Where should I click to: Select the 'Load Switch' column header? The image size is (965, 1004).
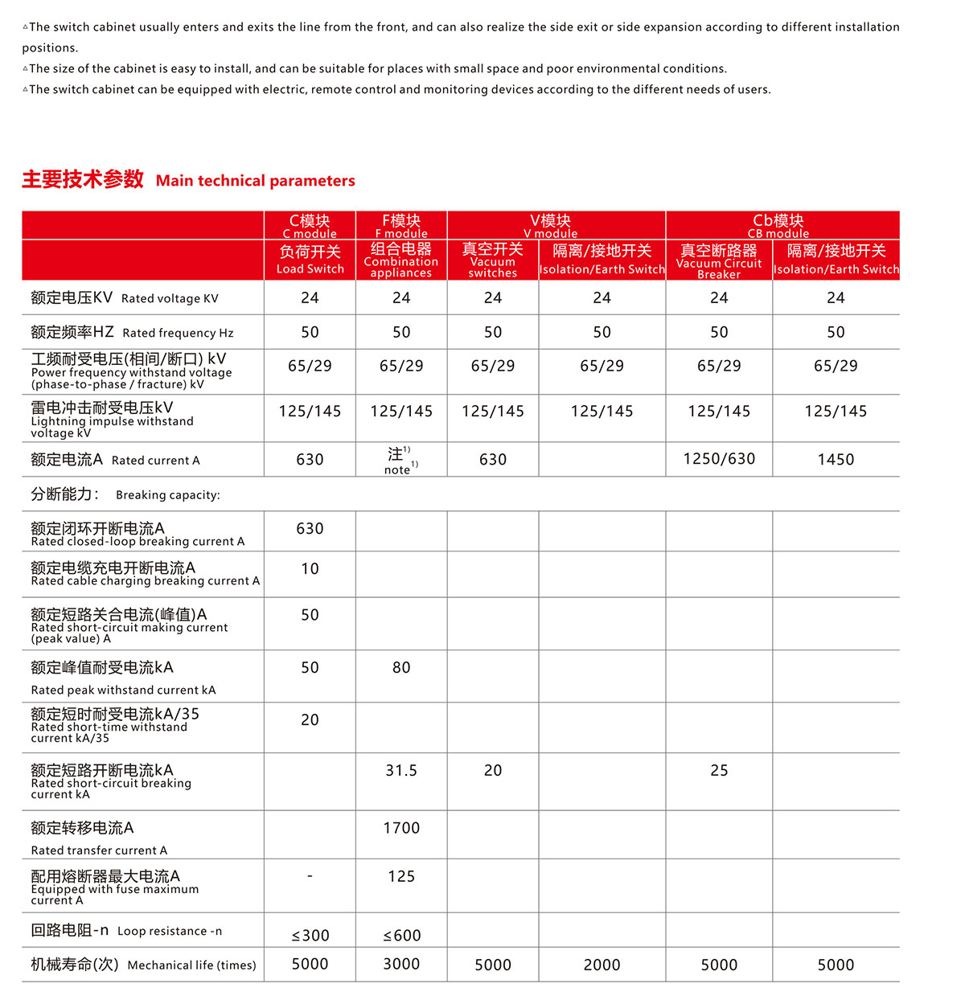[310, 260]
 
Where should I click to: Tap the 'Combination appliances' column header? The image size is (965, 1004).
[401, 260]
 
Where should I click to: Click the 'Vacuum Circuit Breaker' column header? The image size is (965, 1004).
[719, 260]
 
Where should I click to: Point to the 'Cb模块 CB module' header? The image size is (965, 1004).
[778, 225]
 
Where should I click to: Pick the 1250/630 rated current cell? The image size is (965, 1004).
[719, 459]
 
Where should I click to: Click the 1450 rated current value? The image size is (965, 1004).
[836, 460]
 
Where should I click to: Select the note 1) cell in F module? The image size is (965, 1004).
[401, 460]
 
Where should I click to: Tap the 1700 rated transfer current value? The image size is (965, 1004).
[401, 828]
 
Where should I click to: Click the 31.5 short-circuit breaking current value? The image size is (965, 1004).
[401, 771]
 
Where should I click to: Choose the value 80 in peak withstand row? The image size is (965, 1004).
[401, 668]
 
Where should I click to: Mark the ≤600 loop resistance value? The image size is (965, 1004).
[401, 936]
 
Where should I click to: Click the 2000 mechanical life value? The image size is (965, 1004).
[602, 965]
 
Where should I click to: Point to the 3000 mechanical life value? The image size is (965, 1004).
[401, 965]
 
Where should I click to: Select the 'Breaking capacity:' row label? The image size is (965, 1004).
[125, 494]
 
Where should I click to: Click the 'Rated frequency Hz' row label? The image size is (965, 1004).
[132, 332]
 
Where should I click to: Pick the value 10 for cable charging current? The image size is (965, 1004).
[310, 569]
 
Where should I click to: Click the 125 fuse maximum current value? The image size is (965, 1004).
[401, 877]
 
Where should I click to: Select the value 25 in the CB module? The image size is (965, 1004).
[719, 771]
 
